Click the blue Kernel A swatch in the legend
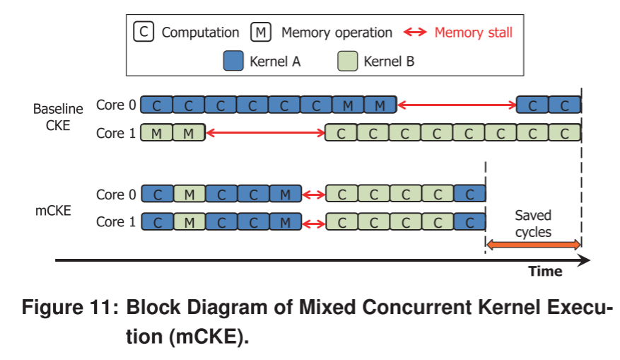[x=233, y=61]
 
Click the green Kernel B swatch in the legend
[x=348, y=61]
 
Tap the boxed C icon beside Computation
[x=144, y=32]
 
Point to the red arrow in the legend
[x=415, y=32]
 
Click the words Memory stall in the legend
[x=473, y=32]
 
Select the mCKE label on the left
[x=53, y=209]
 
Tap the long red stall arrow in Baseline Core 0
[x=457, y=105]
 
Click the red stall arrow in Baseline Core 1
[x=264, y=132]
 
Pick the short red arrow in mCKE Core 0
[x=314, y=194]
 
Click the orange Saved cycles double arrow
[x=533, y=245]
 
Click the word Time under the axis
[x=545, y=272]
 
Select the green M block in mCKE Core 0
[x=189, y=194]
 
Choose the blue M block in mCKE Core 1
[x=285, y=222]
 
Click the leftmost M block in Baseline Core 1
[x=156, y=133]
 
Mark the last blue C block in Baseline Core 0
[x=564, y=105]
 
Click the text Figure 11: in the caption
[x=71, y=309]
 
